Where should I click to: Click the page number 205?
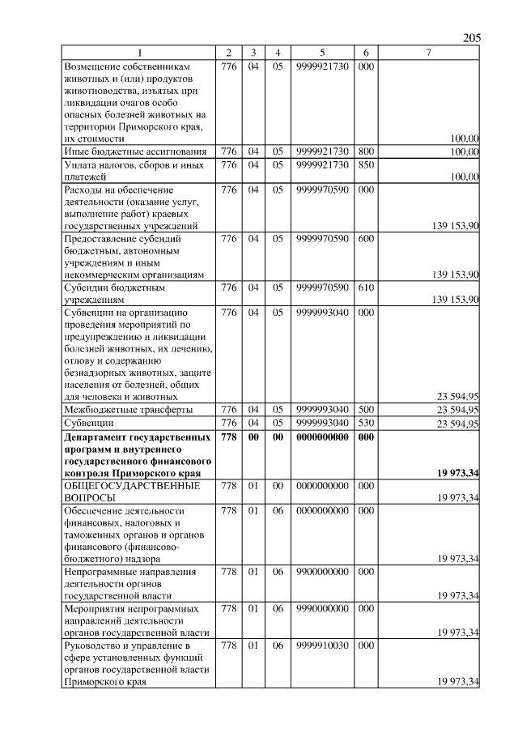[472, 39]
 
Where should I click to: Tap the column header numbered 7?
[428, 53]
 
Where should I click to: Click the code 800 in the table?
[365, 151]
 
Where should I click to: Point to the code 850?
[365, 164]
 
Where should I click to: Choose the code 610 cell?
[365, 287]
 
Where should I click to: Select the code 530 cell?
[365, 423]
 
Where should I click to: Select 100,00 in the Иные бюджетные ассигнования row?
[465, 151]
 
